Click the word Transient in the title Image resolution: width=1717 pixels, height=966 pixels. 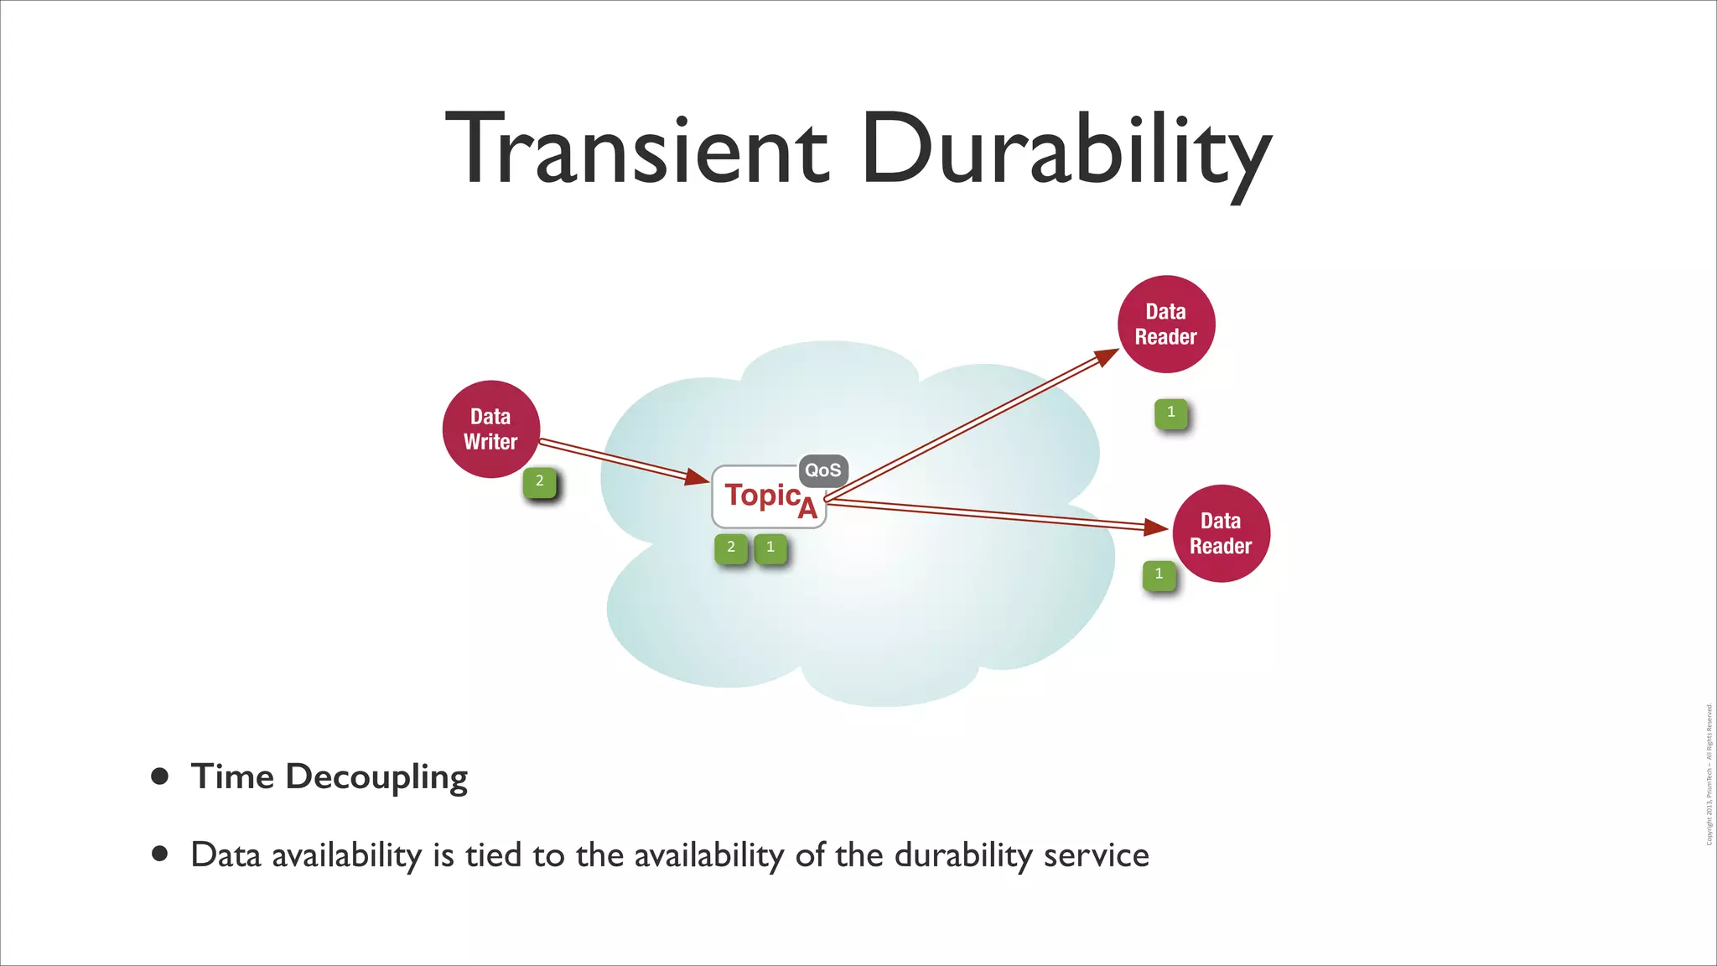coord(637,149)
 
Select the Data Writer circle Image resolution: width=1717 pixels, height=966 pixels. coord(490,429)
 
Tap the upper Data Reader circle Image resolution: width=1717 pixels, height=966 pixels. coord(1165,324)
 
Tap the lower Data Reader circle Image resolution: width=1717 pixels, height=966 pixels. coord(1221,533)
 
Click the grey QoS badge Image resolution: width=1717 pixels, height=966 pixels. coord(822,470)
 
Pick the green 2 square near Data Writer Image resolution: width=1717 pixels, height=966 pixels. coord(539,482)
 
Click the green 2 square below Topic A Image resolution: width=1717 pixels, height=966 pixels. coord(731,548)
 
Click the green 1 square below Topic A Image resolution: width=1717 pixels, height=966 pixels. coord(770,548)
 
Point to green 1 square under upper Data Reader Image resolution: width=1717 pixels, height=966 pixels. coord(1170,413)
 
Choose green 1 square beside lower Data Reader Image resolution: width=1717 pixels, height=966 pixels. coord(1159,574)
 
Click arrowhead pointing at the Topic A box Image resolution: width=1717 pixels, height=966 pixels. coord(697,477)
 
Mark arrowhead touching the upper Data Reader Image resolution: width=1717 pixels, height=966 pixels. coord(1107,357)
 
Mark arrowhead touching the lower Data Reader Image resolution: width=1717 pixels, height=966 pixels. coord(1156,527)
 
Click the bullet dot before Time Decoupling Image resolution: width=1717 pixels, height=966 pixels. coord(159,776)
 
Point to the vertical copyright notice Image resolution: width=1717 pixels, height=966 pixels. coord(1709,775)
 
